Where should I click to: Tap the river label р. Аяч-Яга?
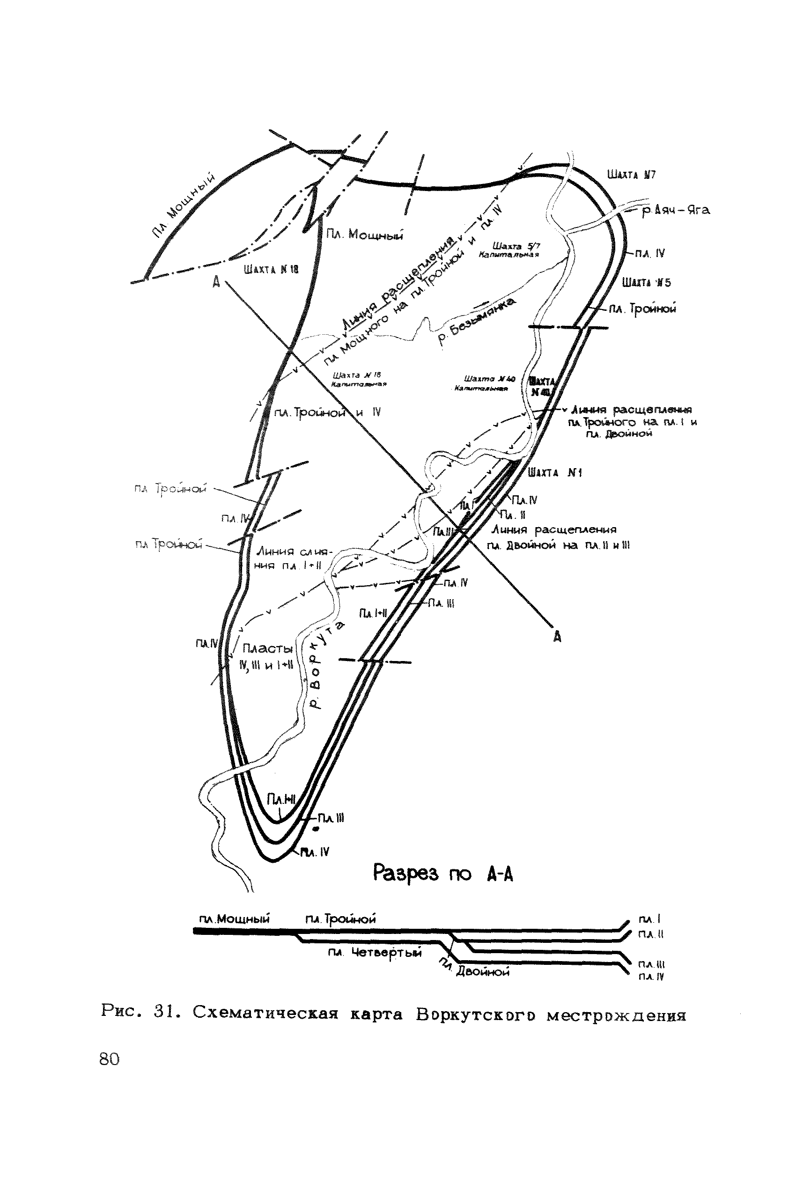point(676,210)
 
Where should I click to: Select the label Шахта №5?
point(647,283)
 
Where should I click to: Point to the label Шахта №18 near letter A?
point(271,270)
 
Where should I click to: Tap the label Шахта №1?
point(555,473)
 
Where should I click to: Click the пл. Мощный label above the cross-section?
point(234,918)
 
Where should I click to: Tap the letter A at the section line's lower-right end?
point(557,636)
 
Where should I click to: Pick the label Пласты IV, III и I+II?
point(267,657)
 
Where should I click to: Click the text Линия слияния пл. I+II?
point(294,558)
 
